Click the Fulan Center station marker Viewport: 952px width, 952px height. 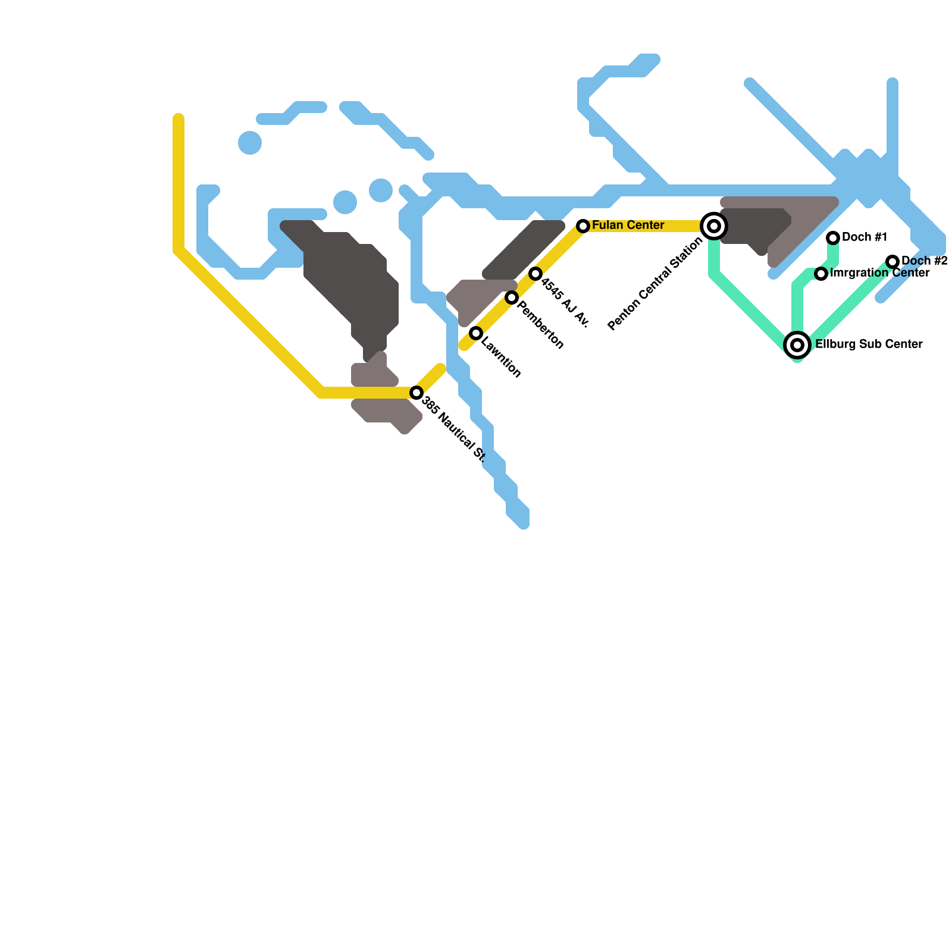[x=583, y=226]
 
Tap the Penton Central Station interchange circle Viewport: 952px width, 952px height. [x=714, y=226]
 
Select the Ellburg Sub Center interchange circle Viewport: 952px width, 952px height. [x=797, y=345]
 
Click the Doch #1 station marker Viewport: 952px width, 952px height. [x=833, y=238]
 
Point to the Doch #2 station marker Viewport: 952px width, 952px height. [x=892, y=262]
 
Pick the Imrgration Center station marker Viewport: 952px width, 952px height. [x=821, y=274]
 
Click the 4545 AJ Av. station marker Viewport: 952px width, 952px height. [x=535, y=274]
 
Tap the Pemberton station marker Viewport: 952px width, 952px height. [x=512, y=297]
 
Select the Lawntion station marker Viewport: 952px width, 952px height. [x=476, y=333]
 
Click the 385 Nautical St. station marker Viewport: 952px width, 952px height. [x=416, y=393]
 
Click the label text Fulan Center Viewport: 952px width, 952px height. [x=628, y=226]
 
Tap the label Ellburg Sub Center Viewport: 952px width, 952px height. [x=869, y=345]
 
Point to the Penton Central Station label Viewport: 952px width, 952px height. [x=655, y=284]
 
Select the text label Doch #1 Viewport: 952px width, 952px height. [x=865, y=237]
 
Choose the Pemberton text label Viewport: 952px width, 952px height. [x=540, y=325]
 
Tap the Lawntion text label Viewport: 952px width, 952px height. [x=501, y=358]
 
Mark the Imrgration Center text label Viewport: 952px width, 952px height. [x=879, y=273]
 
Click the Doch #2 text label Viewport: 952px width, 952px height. [x=924, y=261]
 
